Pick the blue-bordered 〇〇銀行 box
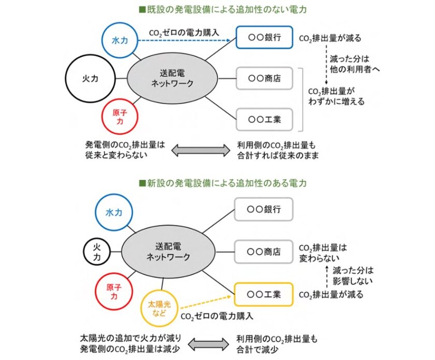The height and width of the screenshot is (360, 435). (264, 38)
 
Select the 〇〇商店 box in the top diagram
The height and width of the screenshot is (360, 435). (264, 79)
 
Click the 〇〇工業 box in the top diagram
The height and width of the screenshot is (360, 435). (264, 119)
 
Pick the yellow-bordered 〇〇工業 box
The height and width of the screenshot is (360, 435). (264, 294)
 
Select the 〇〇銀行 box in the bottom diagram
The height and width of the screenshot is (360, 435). (264, 210)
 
